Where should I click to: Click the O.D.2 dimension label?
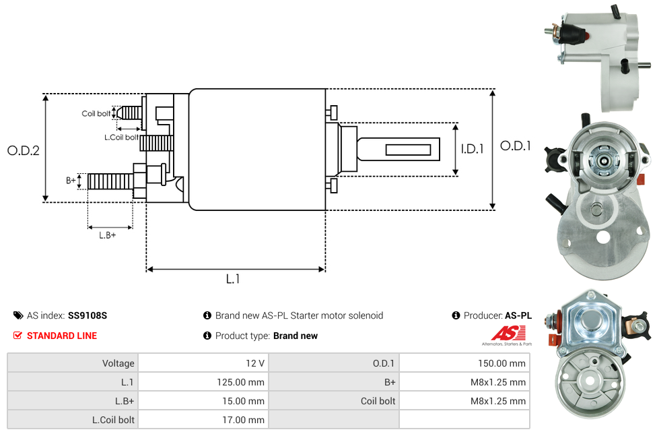[x=24, y=150]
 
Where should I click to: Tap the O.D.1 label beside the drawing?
[x=516, y=146]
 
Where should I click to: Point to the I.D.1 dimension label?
[x=472, y=149]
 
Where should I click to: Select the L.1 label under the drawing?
[x=233, y=279]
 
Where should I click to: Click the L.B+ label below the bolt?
[x=108, y=235]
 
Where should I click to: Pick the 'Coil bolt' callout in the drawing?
[x=96, y=114]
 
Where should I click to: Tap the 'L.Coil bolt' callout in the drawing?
[x=121, y=137]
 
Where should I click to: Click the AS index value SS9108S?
[x=88, y=315]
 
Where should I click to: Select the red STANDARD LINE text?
[x=62, y=336]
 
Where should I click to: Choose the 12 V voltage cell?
[x=255, y=363]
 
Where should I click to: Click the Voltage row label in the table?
[x=118, y=363]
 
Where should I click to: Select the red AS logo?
[x=505, y=333]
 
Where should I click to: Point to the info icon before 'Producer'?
[x=456, y=315]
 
